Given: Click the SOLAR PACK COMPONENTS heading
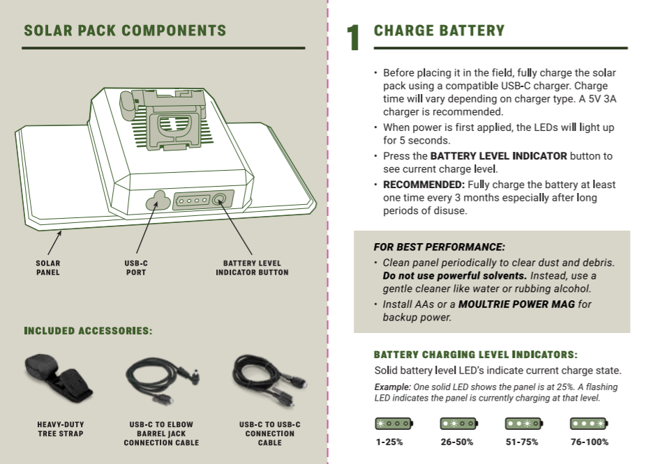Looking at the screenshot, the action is coord(125,31).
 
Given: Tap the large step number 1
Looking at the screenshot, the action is coord(353,38).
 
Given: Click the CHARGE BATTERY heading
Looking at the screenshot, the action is coord(439,31).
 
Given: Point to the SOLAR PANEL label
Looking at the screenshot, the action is coord(48,268).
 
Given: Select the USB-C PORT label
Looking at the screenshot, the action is coord(136,268).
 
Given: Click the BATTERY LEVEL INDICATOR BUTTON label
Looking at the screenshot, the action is coord(252,268).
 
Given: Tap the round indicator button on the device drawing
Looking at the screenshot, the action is coord(220,199).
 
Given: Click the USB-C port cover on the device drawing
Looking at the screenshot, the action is coord(158,201).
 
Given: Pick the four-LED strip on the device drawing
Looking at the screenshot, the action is coord(193,201).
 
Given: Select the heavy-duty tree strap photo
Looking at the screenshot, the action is coord(59,378).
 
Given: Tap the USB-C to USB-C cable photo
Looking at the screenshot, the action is coord(270,380).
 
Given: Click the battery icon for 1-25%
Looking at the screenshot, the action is coord(394,424).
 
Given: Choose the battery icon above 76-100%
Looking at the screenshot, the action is coord(589,424).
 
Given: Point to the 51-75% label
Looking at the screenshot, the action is coord(522,442).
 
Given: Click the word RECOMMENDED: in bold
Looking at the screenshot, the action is coord(423,185).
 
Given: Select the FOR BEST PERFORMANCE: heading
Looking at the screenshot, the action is coord(440,247).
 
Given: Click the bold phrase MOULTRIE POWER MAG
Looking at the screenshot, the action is coord(516,304).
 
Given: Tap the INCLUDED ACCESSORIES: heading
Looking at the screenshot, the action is coord(89,331).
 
